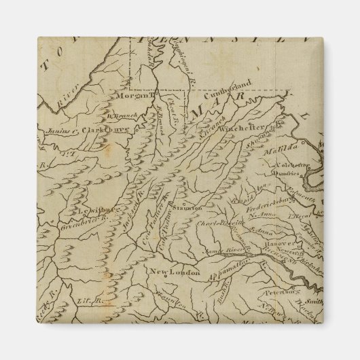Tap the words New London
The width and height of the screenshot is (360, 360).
(175, 273)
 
